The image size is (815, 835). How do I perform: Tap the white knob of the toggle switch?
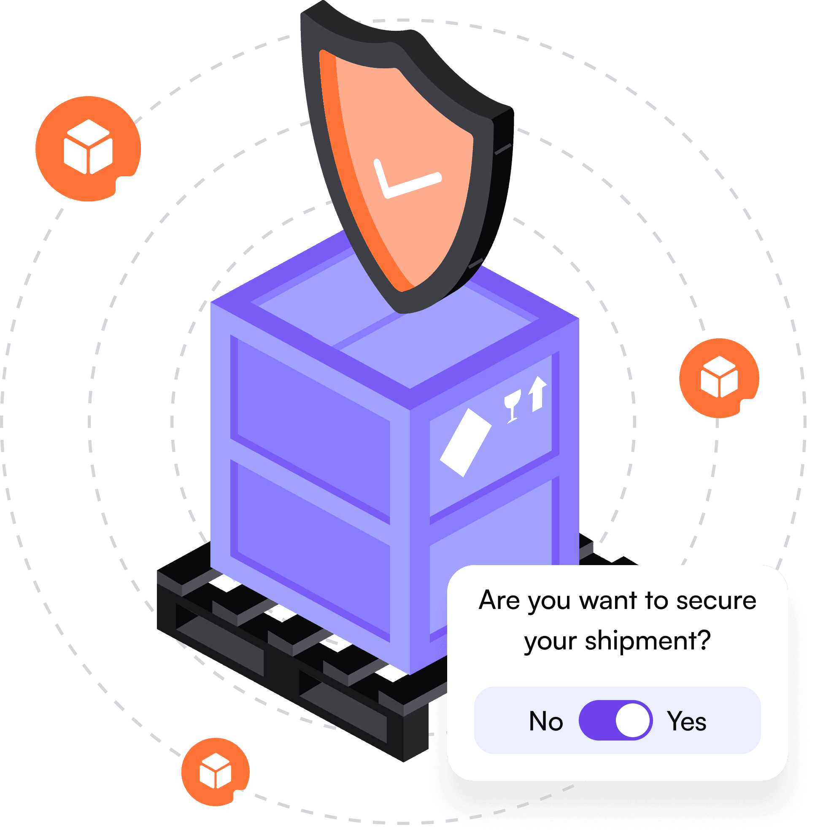[x=632, y=720]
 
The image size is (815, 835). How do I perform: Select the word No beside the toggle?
[x=546, y=721]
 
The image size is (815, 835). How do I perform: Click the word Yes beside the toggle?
[x=687, y=721]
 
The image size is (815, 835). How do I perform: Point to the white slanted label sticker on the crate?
[x=466, y=442]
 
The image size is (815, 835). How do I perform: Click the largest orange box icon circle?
[x=88, y=148]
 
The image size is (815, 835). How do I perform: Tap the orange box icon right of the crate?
[x=719, y=378]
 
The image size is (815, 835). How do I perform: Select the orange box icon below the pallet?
[x=215, y=772]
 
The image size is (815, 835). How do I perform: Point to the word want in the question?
[x=608, y=601]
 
